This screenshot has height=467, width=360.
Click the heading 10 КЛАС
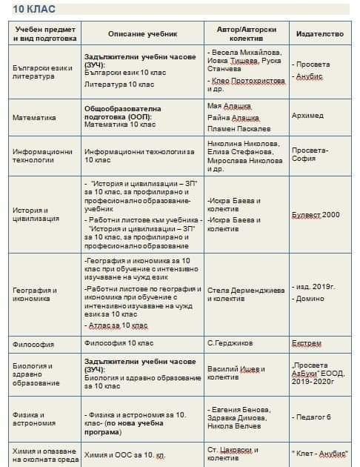pos(29,10)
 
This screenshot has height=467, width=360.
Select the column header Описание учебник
pos(142,34)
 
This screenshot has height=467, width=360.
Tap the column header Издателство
pos(319,34)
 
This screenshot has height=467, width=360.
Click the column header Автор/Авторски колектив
pos(244,34)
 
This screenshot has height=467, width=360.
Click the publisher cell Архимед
pos(307,116)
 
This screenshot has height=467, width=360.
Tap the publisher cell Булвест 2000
pos(315,214)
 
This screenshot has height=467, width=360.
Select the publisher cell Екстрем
pos(307,344)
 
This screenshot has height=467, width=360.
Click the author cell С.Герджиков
pos(232,344)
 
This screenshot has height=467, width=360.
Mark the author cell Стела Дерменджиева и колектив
pos(245,294)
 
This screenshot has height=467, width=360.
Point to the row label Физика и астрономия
pos(34,419)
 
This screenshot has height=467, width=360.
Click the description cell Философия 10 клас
pos(119,344)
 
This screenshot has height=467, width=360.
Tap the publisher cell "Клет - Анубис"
pos(320,451)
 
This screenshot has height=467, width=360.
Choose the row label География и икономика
pos(36,294)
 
